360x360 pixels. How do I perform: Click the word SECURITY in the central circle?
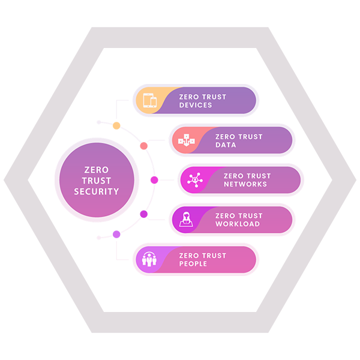coord(97,192)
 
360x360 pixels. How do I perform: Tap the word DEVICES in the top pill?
coord(196,106)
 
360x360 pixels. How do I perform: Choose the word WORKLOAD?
coord(237,224)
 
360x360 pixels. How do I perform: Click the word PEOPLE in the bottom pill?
coord(194,264)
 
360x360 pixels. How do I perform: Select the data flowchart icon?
coord(185,140)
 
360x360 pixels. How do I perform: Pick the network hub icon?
coord(194,180)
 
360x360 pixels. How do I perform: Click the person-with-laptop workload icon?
coord(185,220)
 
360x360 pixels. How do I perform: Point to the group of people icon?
coord(148,259)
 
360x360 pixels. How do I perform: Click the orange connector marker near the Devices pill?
coord(118,128)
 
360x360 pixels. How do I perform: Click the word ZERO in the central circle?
coord(97,170)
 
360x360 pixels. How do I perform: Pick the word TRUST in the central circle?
coord(97,181)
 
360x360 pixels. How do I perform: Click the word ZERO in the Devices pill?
coord(190,97)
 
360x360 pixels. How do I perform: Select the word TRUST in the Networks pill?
coord(259,176)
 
